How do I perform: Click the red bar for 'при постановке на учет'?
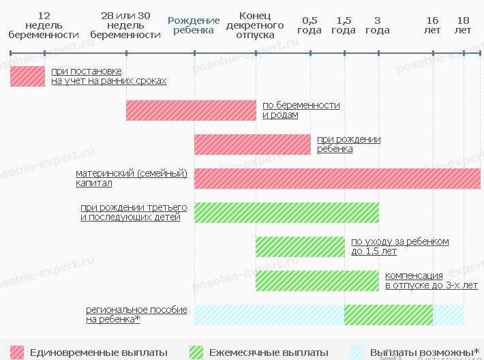click(27, 76)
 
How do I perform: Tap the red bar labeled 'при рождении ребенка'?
click(252, 144)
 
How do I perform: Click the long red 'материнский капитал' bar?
click(337, 178)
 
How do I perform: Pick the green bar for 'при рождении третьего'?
click(286, 212)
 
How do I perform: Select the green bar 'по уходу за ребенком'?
click(300, 246)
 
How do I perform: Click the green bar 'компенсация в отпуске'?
click(317, 280)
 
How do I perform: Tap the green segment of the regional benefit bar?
click(388, 314)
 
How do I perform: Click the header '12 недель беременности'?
click(44, 25)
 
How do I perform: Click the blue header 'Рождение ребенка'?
click(194, 25)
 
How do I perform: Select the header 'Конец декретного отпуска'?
click(256, 25)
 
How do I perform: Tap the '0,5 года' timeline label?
click(309, 25)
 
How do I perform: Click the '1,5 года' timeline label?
click(344, 25)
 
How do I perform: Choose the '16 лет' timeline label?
click(432, 25)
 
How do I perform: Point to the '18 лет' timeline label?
click(464, 25)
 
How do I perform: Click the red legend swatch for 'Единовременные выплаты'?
click(17, 352)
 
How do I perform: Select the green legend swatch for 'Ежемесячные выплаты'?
click(196, 352)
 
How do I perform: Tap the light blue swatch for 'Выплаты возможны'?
click(358, 352)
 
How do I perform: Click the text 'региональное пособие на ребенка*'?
click(136, 314)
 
